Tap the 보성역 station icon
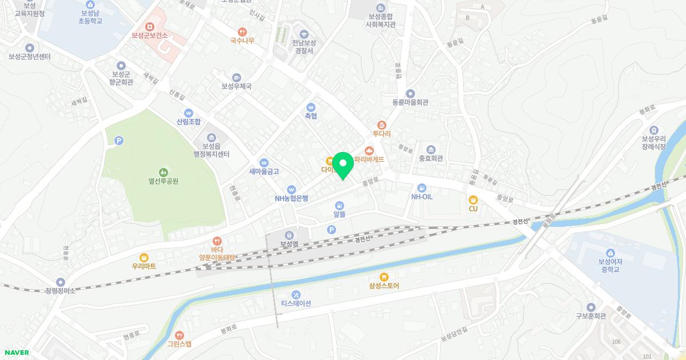pyautogui.click(x=289, y=234)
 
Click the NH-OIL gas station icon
pyautogui.click(x=422, y=187)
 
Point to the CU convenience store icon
pyautogui.click(x=473, y=199)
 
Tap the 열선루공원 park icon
pyautogui.click(x=163, y=171)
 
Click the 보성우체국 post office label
pyautogui.click(x=237, y=86)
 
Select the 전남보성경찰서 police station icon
pyautogui.click(x=303, y=34)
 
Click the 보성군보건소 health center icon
pyautogui.click(x=150, y=26)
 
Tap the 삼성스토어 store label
pyautogui.click(x=384, y=285)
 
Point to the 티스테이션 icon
pyautogui.click(x=296, y=294)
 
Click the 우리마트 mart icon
pyautogui.click(x=143, y=257)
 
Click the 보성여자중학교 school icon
pyautogui.click(x=610, y=253)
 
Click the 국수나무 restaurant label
pyautogui.click(x=242, y=41)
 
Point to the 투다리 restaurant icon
pyautogui.click(x=382, y=125)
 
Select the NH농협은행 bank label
pyautogui.click(x=292, y=198)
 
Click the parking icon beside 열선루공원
pyautogui.click(x=119, y=140)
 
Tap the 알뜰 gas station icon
pyautogui.click(x=340, y=205)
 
